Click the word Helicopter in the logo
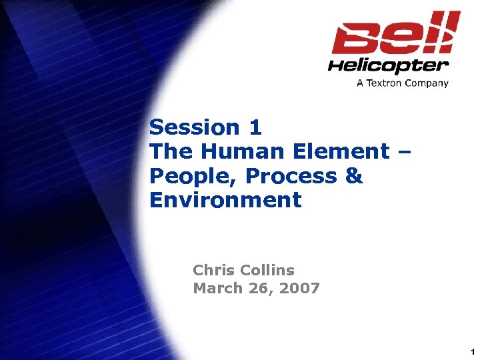[x=388, y=65]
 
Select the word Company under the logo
[x=427, y=83]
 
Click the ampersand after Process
[x=355, y=176]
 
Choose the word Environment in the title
[x=225, y=200]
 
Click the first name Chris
[x=213, y=270]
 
